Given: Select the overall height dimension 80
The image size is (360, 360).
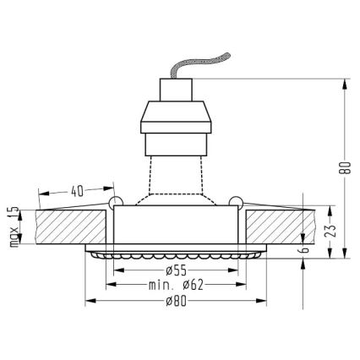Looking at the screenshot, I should (x=344, y=166).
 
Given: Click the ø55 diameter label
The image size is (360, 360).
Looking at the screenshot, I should (x=175, y=271).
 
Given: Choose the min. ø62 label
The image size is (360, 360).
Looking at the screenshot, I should (x=175, y=286).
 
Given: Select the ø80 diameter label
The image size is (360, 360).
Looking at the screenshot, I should (x=175, y=300).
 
